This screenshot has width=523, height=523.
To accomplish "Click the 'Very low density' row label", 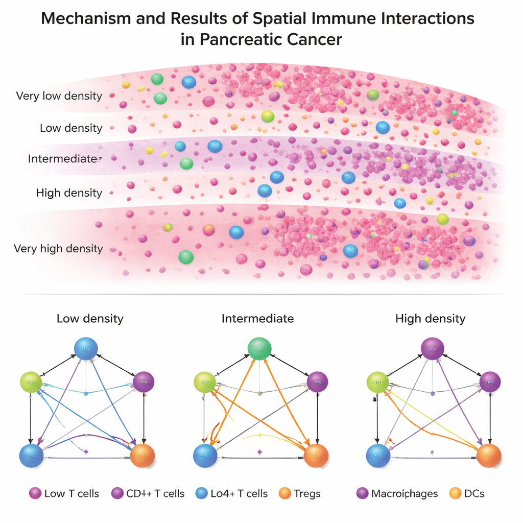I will (59, 96).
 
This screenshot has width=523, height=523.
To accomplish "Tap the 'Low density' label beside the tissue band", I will (71, 128).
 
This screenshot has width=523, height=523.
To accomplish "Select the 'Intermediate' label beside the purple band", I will (62, 159).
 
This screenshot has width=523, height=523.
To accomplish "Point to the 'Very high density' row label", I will (58, 249).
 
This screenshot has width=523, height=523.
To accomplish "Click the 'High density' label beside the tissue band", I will (69, 193).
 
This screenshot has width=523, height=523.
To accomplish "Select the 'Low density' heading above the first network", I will (90, 319).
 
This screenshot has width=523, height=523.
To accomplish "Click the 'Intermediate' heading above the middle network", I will (257, 319).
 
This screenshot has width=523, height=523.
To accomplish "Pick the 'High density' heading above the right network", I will (431, 319).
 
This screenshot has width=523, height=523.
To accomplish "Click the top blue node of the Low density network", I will (86, 349).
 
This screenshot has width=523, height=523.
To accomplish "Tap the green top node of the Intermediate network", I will (259, 349).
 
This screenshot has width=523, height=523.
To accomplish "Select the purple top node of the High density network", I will (432, 349).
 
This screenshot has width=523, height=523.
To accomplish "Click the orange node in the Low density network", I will (142, 456).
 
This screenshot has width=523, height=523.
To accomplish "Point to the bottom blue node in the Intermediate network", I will (205, 456).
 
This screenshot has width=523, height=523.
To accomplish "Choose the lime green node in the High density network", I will (378, 382).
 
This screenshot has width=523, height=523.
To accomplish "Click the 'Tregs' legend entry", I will (306, 493).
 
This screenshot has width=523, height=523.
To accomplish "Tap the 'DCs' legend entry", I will (474, 493).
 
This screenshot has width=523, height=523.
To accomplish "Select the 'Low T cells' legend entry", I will (72, 493).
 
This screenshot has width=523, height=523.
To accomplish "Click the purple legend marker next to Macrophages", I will (362, 493).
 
